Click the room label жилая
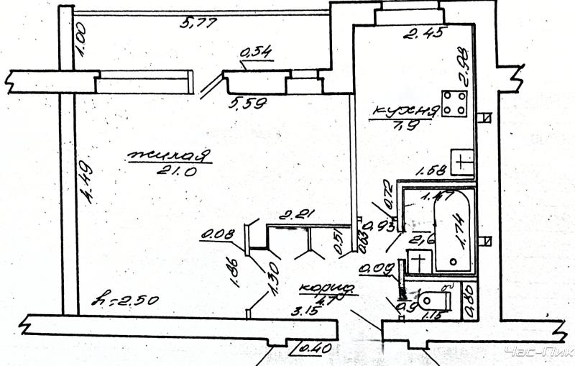169,155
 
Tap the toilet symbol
433,297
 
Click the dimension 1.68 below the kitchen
431,170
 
